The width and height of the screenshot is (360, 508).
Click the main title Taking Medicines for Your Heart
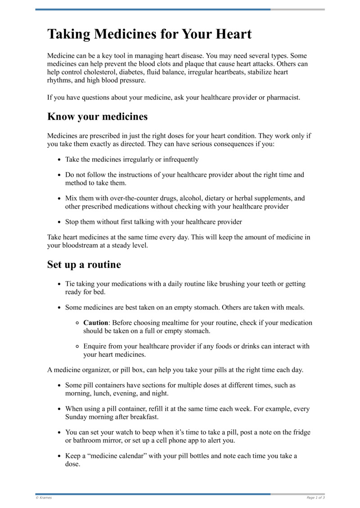pyautogui.click(x=149, y=34)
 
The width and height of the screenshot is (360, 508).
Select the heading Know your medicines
pyautogui.click(x=97, y=117)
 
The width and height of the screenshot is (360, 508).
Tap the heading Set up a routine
pyautogui.click(x=84, y=264)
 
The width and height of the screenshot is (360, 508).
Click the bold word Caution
pyautogui.click(x=95, y=323)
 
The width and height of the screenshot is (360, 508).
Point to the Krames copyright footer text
pyautogui.click(x=44, y=498)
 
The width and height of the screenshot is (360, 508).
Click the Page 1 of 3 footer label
pyautogui.click(x=315, y=498)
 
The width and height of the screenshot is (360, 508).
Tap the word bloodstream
pyautogui.click(x=69, y=245)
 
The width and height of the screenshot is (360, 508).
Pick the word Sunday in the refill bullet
pyautogui.click(x=77, y=417)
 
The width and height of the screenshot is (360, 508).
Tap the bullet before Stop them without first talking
pyautogui.click(x=59, y=222)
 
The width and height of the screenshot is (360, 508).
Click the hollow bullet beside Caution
pyautogui.click(x=77, y=323)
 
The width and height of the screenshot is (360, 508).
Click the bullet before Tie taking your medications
pyautogui.click(x=59, y=284)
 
